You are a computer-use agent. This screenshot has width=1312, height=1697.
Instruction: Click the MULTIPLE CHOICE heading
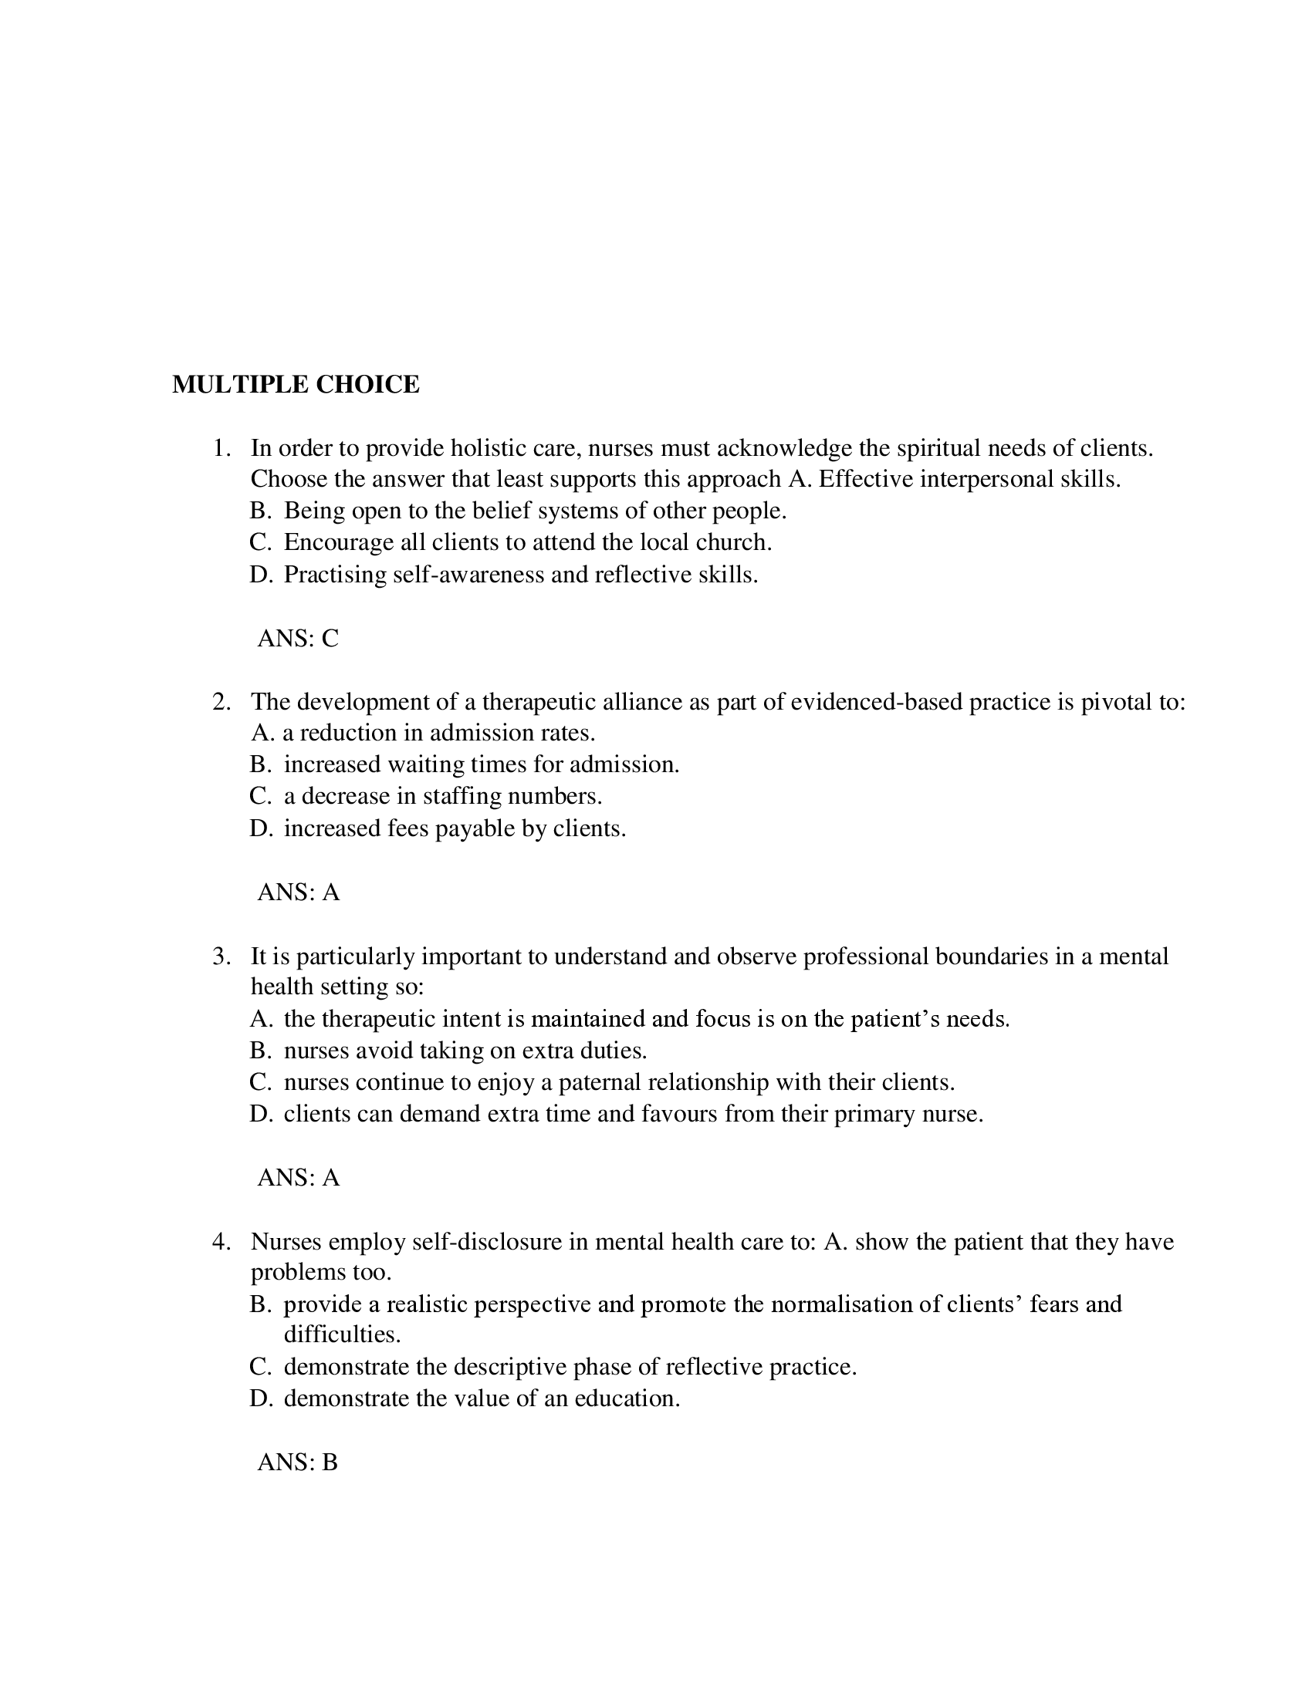[296, 385]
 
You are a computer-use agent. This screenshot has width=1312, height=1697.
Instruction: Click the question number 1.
[221, 448]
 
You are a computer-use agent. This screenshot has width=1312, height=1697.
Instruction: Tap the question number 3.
[221, 956]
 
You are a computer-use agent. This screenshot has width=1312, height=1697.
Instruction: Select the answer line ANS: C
[298, 639]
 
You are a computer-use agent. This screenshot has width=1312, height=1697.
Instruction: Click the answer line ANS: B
[297, 1463]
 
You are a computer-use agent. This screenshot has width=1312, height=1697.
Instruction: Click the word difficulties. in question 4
[342, 1335]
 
